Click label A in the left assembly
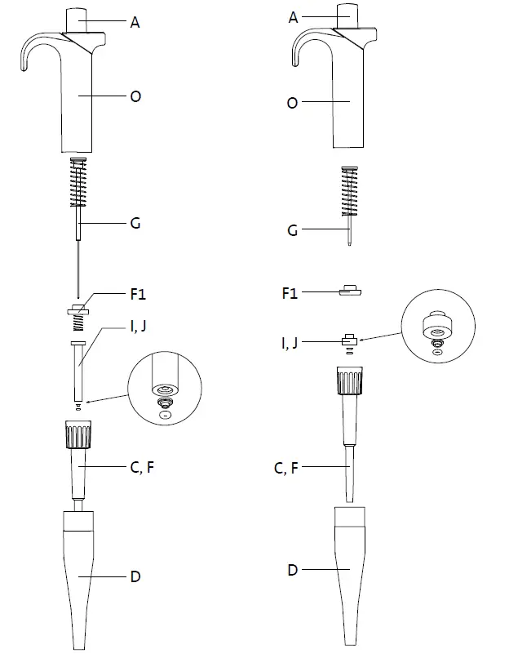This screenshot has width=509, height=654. click(x=135, y=23)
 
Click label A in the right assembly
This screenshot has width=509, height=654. click(x=293, y=16)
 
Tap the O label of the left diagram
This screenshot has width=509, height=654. click(x=135, y=96)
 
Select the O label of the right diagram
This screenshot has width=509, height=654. click(x=293, y=103)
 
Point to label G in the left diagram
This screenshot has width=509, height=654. click(x=135, y=223)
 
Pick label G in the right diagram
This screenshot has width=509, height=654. click(x=293, y=231)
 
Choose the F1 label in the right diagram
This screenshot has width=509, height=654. click(x=290, y=291)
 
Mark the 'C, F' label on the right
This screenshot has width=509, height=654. click(x=285, y=468)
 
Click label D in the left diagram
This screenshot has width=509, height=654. click(x=135, y=576)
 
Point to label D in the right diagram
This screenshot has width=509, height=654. click(x=292, y=569)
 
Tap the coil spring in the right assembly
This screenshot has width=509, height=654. click(x=350, y=194)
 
